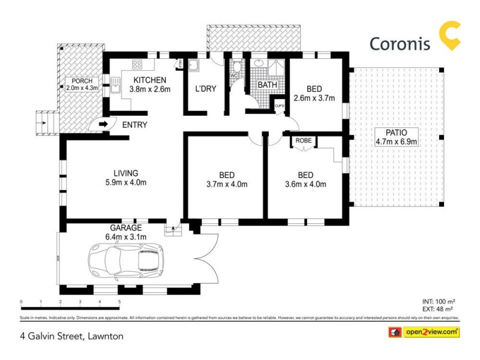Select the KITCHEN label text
coord(150,80)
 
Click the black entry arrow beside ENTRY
coord(103,124)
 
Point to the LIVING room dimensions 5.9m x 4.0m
coord(125,183)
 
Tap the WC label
coord(235,76)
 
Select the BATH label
coord(268,85)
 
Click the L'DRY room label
coord(205,89)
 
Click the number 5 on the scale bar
coord(119,302)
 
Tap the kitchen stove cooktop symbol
coord(137,65)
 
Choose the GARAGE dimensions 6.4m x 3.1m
coord(125,236)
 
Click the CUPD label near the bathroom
coord(280,106)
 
